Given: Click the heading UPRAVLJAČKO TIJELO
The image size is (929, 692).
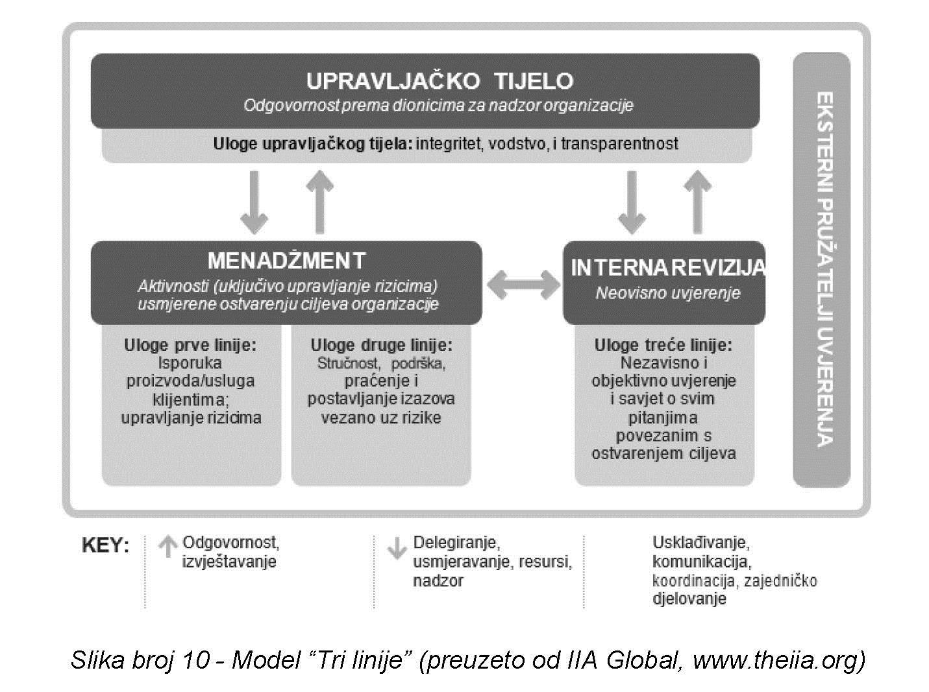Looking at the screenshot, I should point(440,81).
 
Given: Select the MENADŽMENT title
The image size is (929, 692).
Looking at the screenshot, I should point(286,261).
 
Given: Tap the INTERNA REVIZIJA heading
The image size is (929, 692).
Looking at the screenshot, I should point(667,268).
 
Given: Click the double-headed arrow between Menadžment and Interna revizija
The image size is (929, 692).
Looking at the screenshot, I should point(523,283).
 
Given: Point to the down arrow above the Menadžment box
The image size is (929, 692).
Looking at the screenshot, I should point(254,202).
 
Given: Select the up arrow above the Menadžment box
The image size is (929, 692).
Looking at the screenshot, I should point(319,200).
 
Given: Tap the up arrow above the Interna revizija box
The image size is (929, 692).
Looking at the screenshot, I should point(697,200).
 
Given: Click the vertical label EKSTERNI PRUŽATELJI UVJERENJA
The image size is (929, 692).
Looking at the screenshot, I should point(823,269).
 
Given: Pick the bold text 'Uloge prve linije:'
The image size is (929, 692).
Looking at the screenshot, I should point(190,345).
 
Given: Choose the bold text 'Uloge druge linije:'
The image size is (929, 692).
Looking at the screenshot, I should point(381,345).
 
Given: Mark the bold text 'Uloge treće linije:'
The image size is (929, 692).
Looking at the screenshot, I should point(663,345).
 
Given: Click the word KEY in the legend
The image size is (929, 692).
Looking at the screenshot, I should point(105,545).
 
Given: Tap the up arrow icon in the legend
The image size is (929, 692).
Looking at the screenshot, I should point(167,547).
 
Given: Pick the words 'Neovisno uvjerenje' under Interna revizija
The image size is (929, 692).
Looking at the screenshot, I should point(667,293).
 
